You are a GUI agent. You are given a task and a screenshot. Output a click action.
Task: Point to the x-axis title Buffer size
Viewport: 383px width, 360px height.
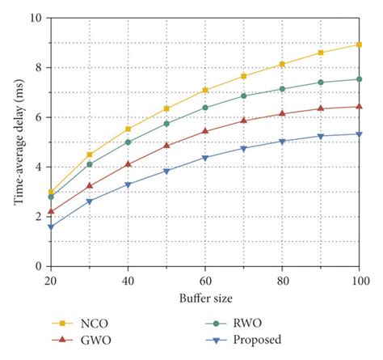[x=204, y=299]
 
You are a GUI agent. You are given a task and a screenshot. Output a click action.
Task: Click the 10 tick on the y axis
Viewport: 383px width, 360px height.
[x=36, y=17]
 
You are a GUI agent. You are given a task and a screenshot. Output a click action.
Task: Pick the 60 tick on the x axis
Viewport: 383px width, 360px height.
[x=205, y=279]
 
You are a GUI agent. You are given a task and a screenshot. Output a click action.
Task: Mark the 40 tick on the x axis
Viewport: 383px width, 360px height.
[x=128, y=279]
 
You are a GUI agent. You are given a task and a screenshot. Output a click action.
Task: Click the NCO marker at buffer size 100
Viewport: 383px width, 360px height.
[x=360, y=44]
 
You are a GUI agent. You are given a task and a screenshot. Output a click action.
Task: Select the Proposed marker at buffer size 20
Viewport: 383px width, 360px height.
[x=51, y=227]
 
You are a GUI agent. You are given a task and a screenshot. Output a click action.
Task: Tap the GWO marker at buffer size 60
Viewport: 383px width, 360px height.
[x=205, y=130]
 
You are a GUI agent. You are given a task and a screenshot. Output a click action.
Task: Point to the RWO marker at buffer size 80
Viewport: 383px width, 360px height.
[x=282, y=88]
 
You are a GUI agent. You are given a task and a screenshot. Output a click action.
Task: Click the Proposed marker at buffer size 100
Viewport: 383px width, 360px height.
[x=360, y=134]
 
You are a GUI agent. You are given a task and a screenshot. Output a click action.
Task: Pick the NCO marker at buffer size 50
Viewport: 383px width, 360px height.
[x=166, y=108]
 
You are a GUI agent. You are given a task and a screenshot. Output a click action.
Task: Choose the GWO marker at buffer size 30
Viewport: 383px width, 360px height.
[x=90, y=185]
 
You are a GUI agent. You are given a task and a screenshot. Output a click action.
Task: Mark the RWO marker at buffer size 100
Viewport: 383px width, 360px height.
[x=360, y=79]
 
